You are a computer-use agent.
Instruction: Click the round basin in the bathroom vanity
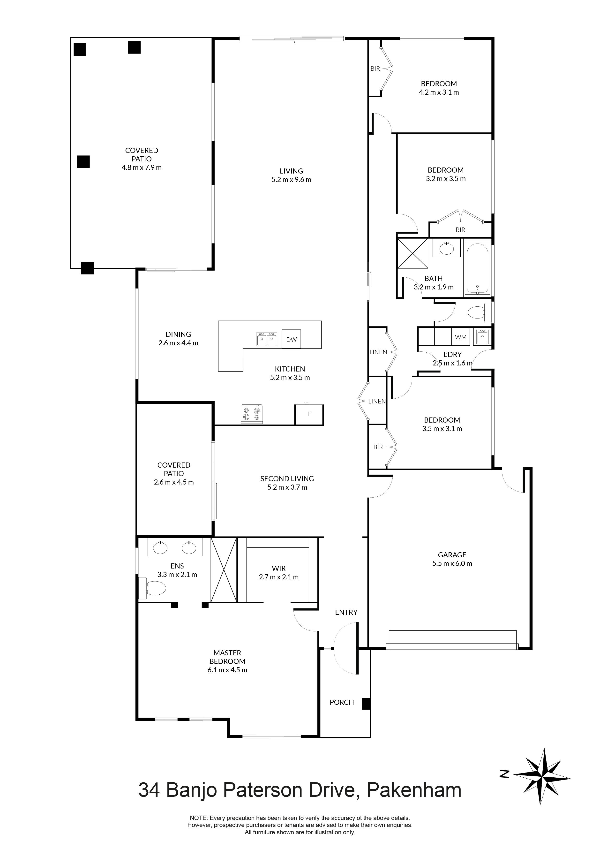pyautogui.click(x=447, y=248)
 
